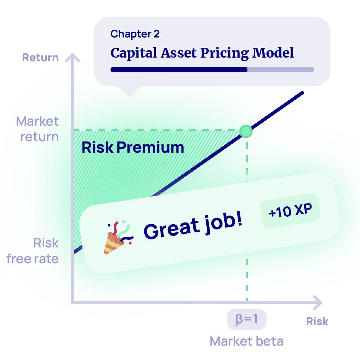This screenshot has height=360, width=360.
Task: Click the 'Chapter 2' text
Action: [x=135, y=34]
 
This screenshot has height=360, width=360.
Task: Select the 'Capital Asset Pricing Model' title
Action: [x=202, y=53]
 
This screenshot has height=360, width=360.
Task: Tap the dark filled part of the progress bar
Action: [x=179, y=69]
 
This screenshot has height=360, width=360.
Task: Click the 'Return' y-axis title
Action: [x=40, y=57]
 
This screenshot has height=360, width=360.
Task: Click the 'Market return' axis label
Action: [x=37, y=129]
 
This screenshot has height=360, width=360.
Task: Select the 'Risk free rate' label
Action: [x=33, y=251]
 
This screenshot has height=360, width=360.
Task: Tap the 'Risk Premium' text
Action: [x=133, y=147]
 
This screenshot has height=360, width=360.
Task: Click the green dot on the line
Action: [x=246, y=131]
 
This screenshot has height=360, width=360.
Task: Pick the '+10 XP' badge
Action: [x=290, y=211]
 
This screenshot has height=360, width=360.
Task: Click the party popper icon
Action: [x=118, y=237]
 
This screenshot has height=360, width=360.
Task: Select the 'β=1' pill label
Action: [x=247, y=319]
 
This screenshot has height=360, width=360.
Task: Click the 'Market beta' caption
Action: [x=247, y=341]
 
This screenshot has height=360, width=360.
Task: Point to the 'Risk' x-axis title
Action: [x=317, y=321]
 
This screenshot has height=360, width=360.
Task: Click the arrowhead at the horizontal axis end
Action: [x=318, y=303]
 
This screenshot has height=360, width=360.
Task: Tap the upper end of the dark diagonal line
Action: [x=303, y=93]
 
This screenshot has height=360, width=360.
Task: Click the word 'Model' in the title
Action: [x=273, y=53]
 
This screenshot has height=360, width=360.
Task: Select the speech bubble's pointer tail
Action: [x=129, y=91]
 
